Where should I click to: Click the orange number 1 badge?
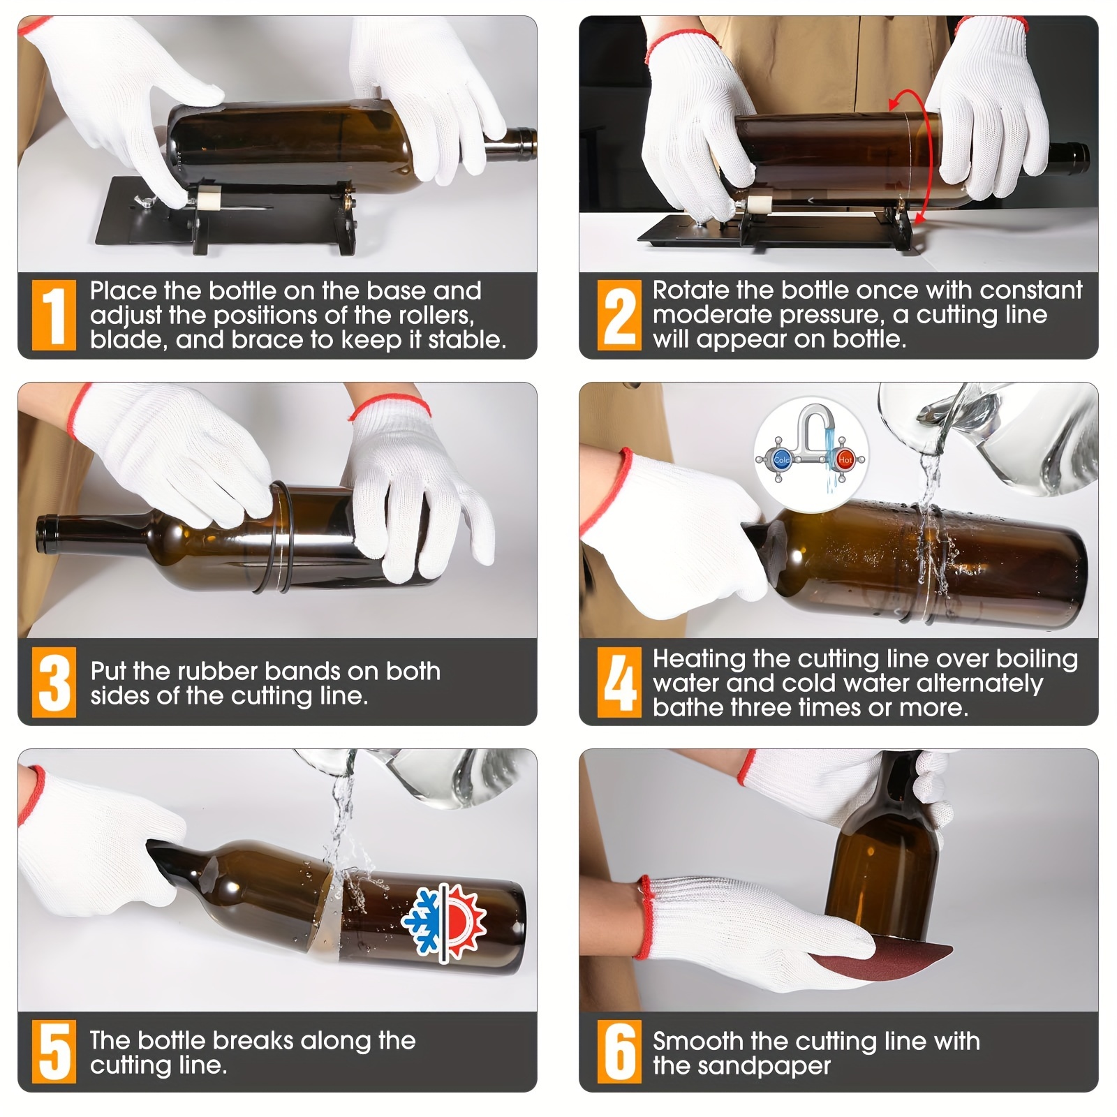(54, 316)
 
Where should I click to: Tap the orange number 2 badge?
(619, 316)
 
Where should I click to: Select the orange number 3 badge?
(54, 683)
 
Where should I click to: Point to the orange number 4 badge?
(619, 683)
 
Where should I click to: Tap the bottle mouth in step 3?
(45, 535)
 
